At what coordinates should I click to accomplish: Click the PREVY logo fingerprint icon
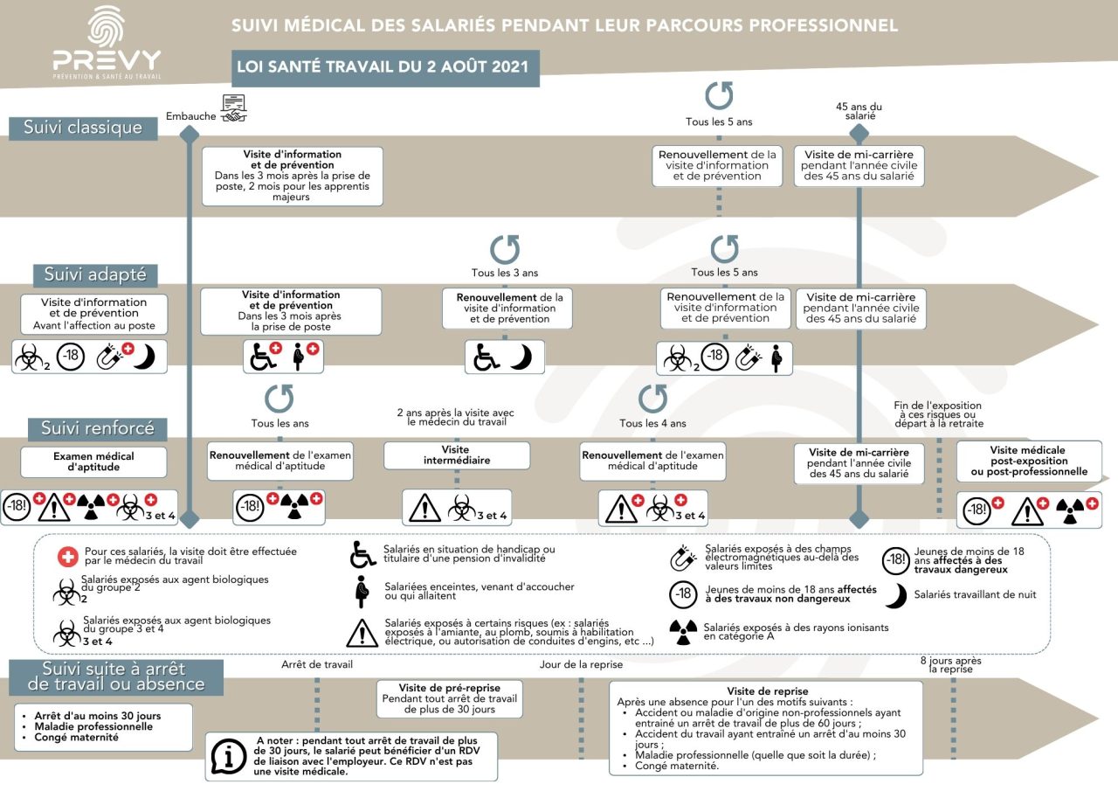tap(106, 26)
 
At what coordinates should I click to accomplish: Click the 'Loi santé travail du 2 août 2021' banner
tap(385, 68)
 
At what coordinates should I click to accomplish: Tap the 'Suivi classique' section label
tap(83, 128)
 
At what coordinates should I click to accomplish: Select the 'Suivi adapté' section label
tap(95, 275)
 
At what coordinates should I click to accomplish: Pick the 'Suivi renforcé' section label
tap(97, 429)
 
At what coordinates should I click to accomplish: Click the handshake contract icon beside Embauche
tap(233, 108)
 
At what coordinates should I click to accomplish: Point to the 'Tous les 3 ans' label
tap(505, 273)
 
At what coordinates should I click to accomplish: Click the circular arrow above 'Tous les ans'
tap(279, 399)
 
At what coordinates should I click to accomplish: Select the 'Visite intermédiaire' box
tap(457, 455)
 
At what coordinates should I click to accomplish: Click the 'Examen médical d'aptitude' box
tap(93, 461)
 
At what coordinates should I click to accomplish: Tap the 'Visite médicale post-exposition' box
tap(1029, 461)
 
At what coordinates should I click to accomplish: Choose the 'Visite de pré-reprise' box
tap(450, 698)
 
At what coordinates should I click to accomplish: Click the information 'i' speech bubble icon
tap(229, 757)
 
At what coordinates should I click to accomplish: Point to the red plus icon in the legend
tap(68, 556)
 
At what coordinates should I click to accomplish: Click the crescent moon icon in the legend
tap(896, 595)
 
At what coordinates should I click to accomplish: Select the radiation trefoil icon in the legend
tap(683, 632)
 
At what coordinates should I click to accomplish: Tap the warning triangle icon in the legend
tap(362, 633)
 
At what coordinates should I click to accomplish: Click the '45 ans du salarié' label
tap(859, 111)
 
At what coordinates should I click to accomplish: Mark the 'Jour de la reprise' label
tap(581, 664)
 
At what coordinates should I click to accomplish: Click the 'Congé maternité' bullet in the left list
tap(76, 738)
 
